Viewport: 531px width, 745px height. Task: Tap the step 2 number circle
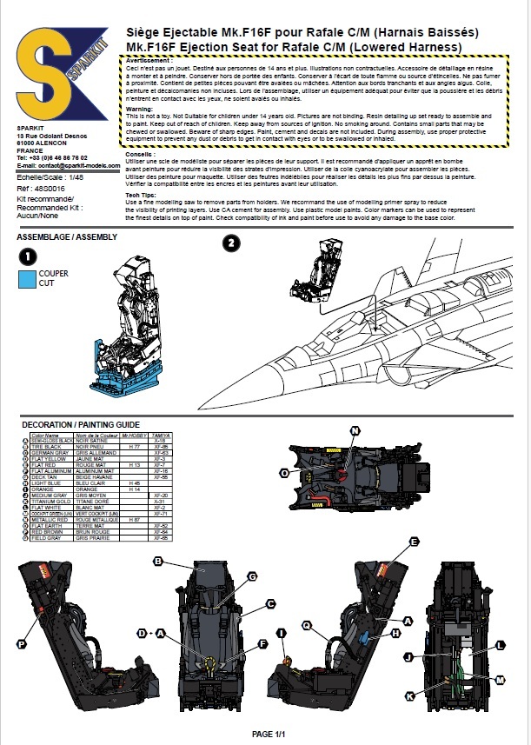pyautogui.click(x=230, y=243)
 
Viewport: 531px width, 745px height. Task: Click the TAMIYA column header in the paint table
pyautogui.click(x=159, y=435)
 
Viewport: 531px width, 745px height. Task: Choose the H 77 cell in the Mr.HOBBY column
pyautogui.click(x=135, y=446)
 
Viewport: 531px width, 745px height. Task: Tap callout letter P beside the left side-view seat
pyautogui.click(x=21, y=644)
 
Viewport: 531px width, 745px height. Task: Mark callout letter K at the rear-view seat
pyautogui.click(x=409, y=697)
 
